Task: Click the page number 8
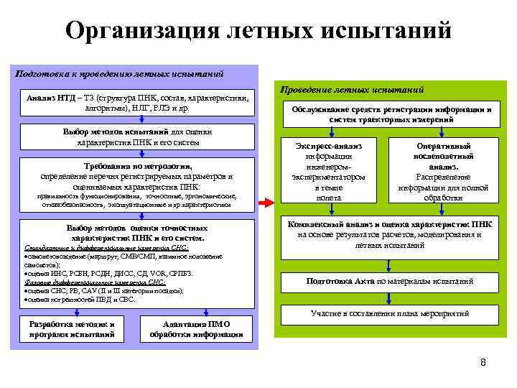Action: tap(483, 361)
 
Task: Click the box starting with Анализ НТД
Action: tap(137, 103)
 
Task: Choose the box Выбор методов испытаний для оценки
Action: tap(137, 137)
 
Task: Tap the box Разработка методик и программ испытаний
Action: tap(71, 329)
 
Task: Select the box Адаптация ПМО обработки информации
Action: tap(196, 329)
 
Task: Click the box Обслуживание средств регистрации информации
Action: tap(391, 114)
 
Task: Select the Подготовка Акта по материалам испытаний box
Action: tap(391, 281)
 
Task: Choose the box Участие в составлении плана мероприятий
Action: tap(391, 314)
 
